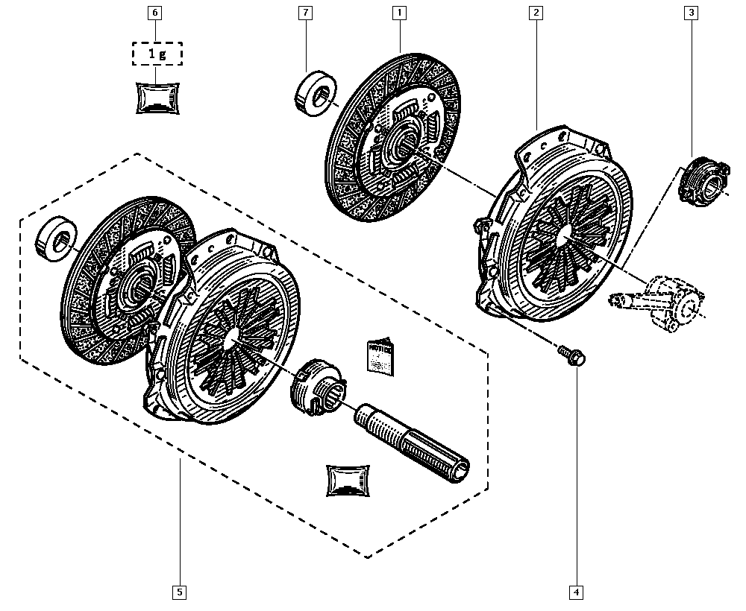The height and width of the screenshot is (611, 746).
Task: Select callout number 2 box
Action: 536,13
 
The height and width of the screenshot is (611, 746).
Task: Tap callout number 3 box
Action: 692,13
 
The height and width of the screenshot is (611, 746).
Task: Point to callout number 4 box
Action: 576,592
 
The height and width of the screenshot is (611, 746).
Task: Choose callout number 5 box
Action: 179,592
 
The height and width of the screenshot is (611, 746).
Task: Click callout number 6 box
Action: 154,13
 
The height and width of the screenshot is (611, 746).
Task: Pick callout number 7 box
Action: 305,13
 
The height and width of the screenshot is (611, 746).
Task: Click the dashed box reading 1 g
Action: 157,54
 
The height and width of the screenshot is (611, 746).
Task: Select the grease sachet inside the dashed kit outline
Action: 348,480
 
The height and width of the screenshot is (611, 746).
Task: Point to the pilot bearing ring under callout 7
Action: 313,93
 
